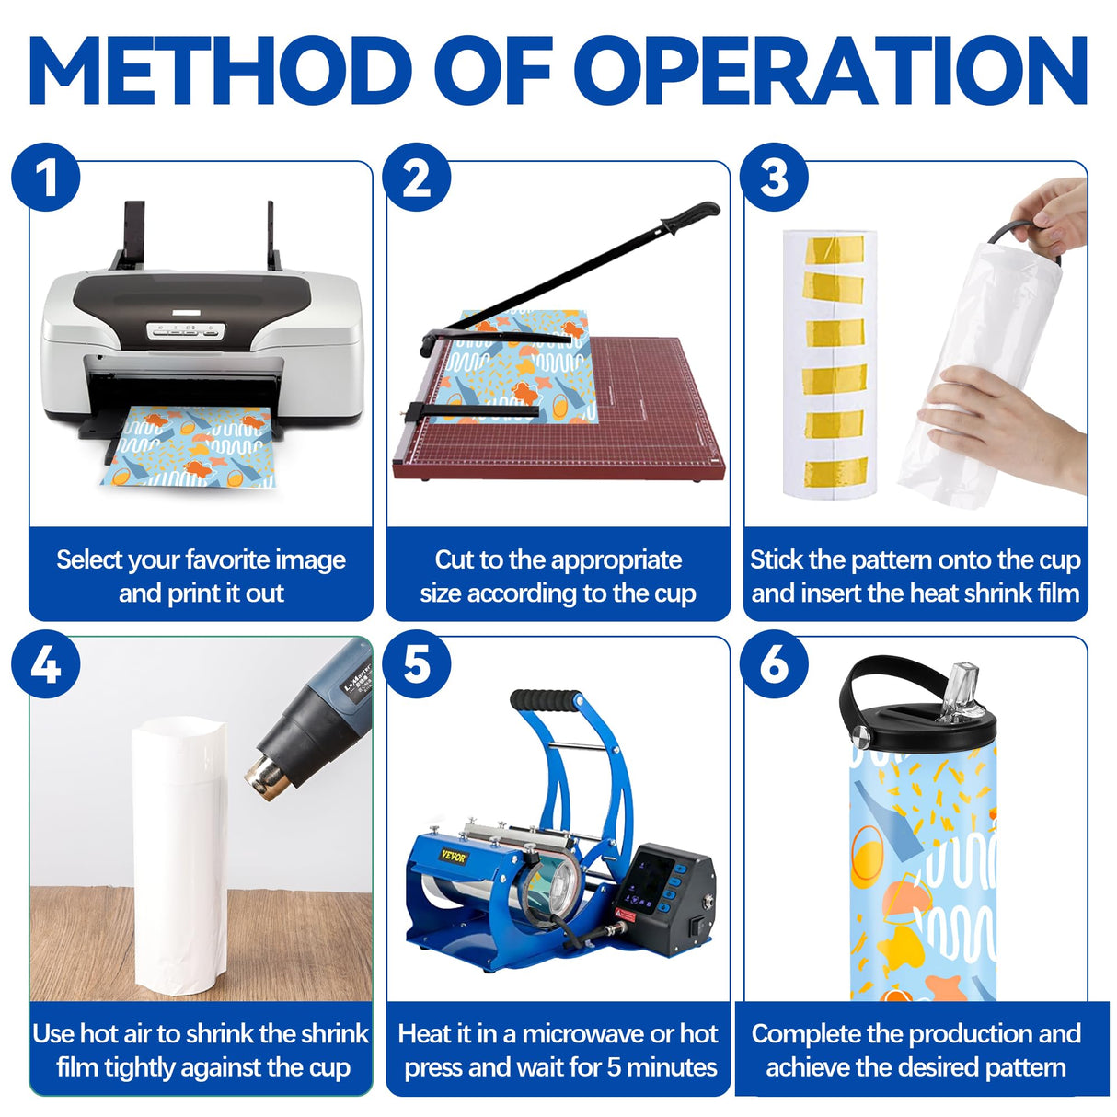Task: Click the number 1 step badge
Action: pyautogui.click(x=46, y=177)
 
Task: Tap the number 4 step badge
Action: pyautogui.click(x=46, y=664)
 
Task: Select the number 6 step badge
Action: pyautogui.click(x=774, y=664)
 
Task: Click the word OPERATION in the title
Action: pyautogui.click(x=831, y=70)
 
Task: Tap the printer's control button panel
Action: pyautogui.click(x=185, y=330)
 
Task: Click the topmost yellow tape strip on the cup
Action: pyautogui.click(x=834, y=248)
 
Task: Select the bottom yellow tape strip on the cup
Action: pyautogui.click(x=835, y=471)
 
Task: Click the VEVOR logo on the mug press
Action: pyautogui.click(x=454, y=857)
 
